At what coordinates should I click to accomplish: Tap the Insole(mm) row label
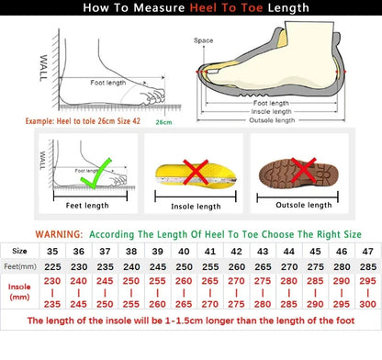[19, 291]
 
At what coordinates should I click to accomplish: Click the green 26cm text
[163, 121]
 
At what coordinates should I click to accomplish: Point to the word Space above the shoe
[203, 40]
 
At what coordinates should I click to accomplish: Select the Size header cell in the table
[19, 250]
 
